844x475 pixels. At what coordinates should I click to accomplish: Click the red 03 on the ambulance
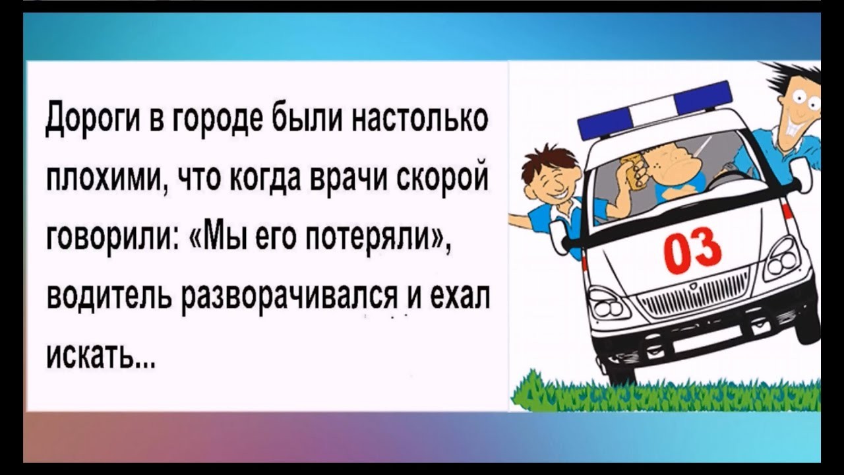coord(693,251)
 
